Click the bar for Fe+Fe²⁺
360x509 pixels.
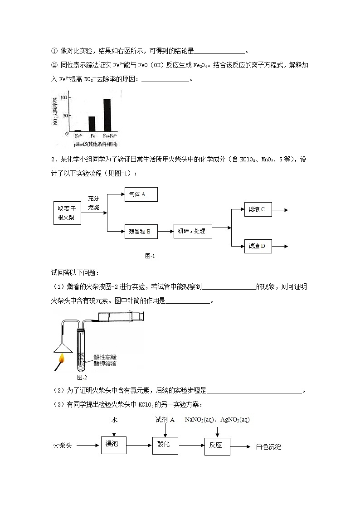tap(107, 115)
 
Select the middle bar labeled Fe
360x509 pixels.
tap(92, 124)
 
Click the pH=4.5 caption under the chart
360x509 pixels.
tap(96, 144)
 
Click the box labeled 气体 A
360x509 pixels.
tap(141, 194)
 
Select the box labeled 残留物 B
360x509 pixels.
tap(141, 232)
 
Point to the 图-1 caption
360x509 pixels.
tap(150, 256)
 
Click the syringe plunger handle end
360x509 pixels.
tap(143, 315)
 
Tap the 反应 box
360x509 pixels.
tap(216, 445)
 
